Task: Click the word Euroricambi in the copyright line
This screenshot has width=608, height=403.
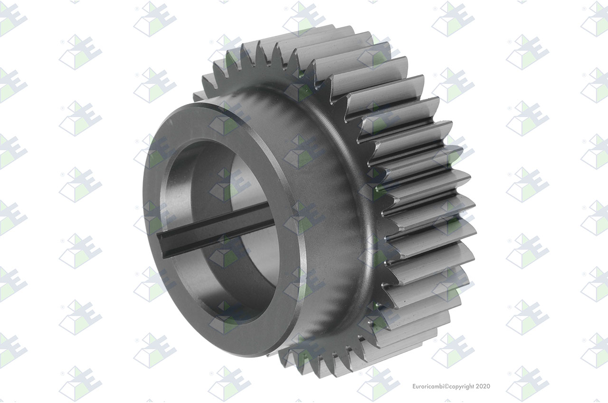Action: pos(428,386)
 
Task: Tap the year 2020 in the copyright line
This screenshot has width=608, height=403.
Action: pos(483,386)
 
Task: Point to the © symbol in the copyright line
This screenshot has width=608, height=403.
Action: pos(446,386)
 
